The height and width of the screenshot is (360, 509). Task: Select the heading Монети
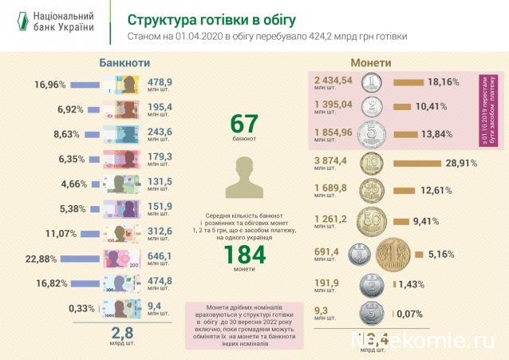370,62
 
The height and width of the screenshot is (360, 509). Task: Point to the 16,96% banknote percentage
50,83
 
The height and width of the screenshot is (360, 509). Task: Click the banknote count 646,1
160,253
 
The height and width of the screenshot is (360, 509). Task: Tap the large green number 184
244,254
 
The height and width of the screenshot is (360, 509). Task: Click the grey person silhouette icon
244,176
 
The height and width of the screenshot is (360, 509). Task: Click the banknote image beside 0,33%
122,309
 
